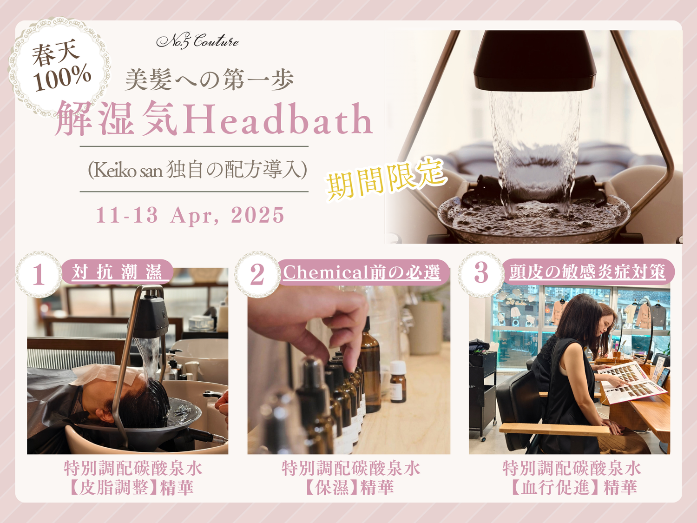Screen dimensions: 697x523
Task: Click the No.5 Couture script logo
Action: pos(197,41)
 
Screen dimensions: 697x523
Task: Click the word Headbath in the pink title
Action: pos(277,119)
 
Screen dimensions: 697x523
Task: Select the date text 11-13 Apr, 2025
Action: pos(190,215)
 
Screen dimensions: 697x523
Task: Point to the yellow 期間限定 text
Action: pos(386,179)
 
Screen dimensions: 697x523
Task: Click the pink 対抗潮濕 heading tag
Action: pos(117,272)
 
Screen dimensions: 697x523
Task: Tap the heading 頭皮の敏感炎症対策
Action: pos(587,272)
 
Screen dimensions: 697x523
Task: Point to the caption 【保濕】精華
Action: pos(348,487)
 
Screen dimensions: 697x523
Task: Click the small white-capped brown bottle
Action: pos(398,381)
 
